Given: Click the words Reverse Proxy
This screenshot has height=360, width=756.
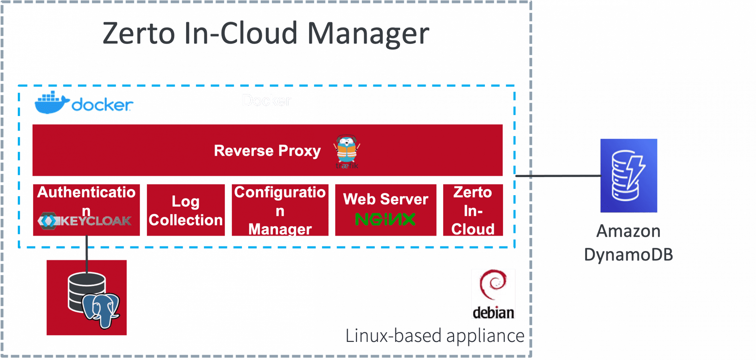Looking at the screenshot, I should [x=267, y=151].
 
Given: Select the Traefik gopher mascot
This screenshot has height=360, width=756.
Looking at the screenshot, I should [x=347, y=150].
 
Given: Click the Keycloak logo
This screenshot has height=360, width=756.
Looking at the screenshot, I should [x=85, y=221].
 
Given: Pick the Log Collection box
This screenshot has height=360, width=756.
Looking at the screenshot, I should [x=185, y=210].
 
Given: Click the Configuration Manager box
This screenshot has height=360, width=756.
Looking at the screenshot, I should [x=280, y=210].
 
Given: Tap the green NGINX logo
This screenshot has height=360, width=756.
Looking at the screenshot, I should [x=385, y=220].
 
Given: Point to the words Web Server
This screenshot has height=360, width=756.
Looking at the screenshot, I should [x=385, y=199].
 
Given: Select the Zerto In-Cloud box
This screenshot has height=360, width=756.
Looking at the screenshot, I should [x=473, y=210].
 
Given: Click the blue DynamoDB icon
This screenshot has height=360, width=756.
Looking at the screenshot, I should [x=629, y=175].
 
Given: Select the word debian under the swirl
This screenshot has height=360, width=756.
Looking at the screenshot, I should [x=493, y=313].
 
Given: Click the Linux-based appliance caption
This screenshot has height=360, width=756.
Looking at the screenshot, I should [x=434, y=336].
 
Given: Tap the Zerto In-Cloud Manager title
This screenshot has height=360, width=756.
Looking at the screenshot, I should [x=266, y=34].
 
